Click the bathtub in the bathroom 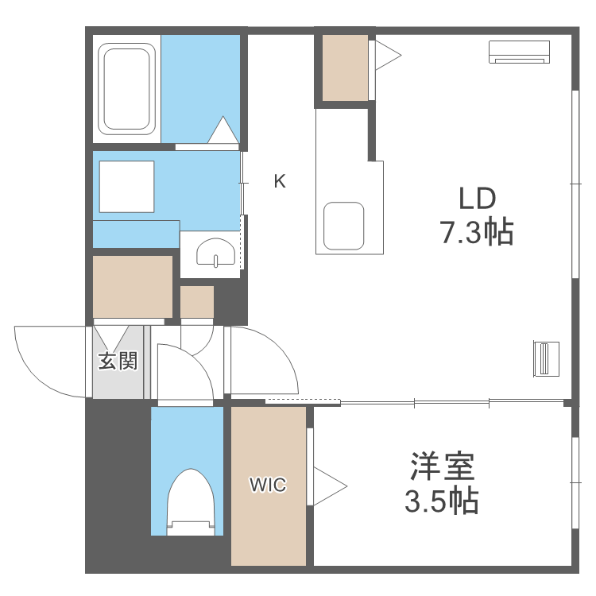click(126, 87)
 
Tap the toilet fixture click(190, 501)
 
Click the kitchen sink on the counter click(344, 225)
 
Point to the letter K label click(280, 181)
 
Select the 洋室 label click(443, 466)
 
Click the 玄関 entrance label click(118, 362)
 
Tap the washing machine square click(126, 186)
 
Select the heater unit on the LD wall click(546, 358)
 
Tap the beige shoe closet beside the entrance click(133, 286)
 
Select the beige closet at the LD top click(345, 68)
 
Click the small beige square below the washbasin click(197, 302)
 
